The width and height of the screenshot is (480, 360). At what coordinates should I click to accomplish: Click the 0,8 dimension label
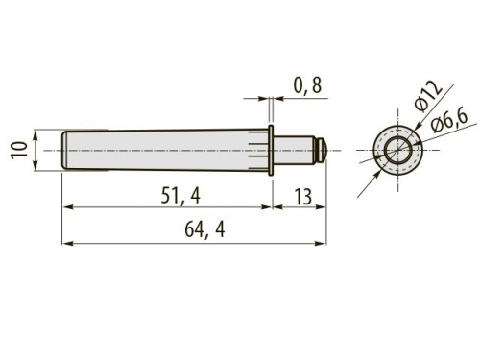[307, 85]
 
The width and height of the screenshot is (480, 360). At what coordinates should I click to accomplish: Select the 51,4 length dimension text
[180, 196]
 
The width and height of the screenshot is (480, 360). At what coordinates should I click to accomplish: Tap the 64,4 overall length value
[204, 229]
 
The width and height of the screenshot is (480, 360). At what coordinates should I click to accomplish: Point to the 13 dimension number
[302, 197]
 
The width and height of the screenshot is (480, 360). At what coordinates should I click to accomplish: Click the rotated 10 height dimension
[19, 151]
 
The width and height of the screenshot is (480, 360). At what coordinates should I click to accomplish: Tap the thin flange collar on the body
[271, 150]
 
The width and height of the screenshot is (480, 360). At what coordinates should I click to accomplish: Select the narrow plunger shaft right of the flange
[295, 150]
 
